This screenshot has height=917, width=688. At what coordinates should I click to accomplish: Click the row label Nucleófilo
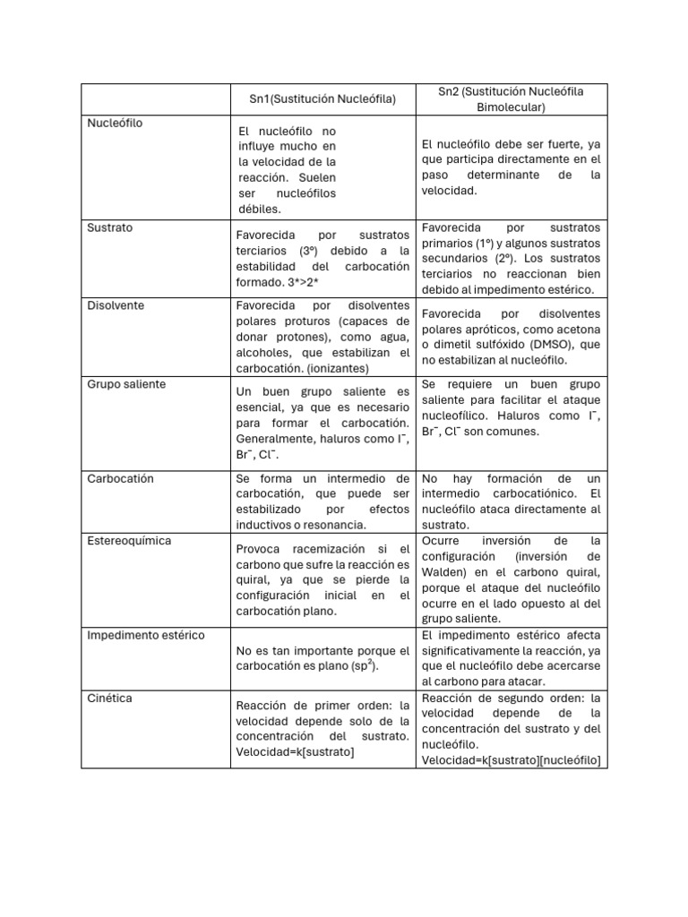pyautogui.click(x=115, y=123)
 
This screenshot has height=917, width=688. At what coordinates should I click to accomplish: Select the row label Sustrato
pyautogui.click(x=109, y=227)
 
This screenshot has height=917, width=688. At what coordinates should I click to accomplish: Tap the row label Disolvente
pyautogui.click(x=116, y=305)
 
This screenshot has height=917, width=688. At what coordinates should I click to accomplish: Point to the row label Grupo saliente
pyautogui.click(x=126, y=384)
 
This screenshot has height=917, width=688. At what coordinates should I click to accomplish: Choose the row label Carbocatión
pyautogui.click(x=121, y=478)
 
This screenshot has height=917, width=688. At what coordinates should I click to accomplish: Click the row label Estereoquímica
pyautogui.click(x=129, y=541)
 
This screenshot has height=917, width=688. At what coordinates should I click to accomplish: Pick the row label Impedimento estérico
pyautogui.click(x=146, y=635)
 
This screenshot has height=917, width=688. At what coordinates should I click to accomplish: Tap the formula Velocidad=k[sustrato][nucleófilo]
pyautogui.click(x=511, y=760)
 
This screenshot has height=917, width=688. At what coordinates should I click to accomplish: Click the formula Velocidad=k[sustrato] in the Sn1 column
pyautogui.click(x=296, y=751)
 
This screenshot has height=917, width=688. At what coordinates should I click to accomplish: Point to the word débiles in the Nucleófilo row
pyautogui.click(x=260, y=209)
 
